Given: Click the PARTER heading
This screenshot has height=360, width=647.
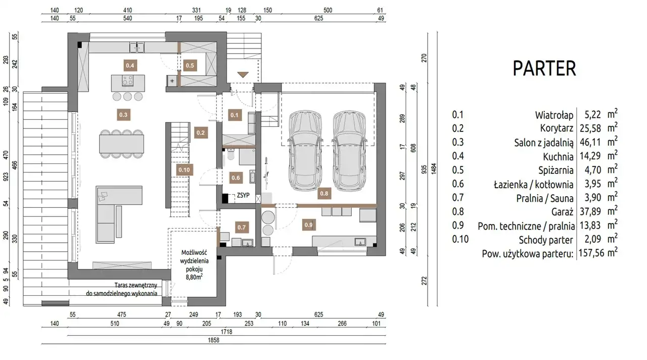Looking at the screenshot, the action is (x=544, y=68).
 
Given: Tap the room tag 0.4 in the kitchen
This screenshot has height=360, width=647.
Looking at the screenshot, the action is (x=130, y=66).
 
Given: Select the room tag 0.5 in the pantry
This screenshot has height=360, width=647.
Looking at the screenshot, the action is (x=190, y=66).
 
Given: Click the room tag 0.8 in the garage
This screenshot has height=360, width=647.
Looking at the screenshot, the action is (x=324, y=194).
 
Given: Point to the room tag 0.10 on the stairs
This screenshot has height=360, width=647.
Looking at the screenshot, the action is (x=184, y=170).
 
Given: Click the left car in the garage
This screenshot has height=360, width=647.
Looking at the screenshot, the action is (x=305, y=151).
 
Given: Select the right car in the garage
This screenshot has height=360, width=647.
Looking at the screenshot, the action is (x=349, y=151).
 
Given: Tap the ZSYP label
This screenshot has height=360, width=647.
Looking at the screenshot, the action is (x=243, y=195).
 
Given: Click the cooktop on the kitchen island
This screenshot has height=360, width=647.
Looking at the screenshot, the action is (x=128, y=80).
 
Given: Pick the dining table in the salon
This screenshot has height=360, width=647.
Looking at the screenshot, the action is (x=122, y=144).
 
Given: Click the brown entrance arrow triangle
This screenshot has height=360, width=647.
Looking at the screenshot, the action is (x=243, y=74).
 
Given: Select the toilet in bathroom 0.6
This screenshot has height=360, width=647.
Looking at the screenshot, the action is (x=231, y=154).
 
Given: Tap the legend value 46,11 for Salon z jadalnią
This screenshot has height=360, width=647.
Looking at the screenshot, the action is (x=590, y=143).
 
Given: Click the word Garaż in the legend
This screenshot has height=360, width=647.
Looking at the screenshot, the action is (x=562, y=212).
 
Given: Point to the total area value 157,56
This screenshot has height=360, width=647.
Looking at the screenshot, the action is (x=591, y=253).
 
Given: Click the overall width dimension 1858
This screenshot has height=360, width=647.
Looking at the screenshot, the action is (x=213, y=340).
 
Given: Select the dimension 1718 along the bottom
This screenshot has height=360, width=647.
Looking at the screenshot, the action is (x=226, y=332).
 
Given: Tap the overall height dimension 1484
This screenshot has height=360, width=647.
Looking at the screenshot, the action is (x=433, y=169).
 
